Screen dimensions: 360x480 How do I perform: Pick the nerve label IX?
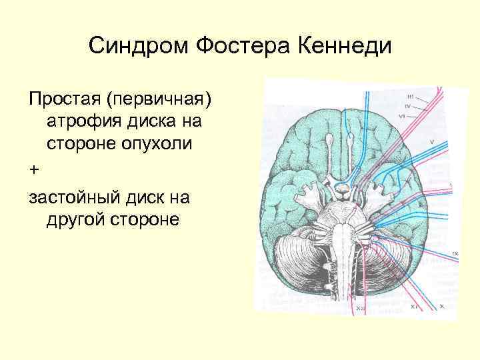[x=455, y=254]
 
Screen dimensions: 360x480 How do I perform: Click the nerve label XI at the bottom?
[x=415, y=307]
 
